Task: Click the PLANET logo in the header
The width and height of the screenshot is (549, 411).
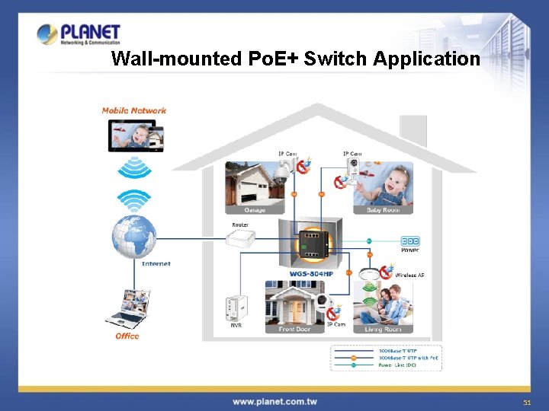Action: [x=79, y=34]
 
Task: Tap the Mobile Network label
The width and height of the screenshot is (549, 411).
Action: [x=134, y=110]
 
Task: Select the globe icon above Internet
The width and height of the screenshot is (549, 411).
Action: [x=134, y=235]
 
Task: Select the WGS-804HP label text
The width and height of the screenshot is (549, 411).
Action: [x=311, y=274]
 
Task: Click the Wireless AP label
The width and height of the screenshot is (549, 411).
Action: [x=410, y=274]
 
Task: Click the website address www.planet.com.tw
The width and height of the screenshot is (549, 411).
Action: [x=274, y=401]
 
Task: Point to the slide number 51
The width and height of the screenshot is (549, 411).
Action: [x=526, y=402]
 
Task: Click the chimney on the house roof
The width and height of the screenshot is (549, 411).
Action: [x=413, y=130]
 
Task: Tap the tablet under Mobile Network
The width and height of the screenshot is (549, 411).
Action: [x=135, y=137]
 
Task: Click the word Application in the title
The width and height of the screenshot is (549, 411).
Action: [x=427, y=59]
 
